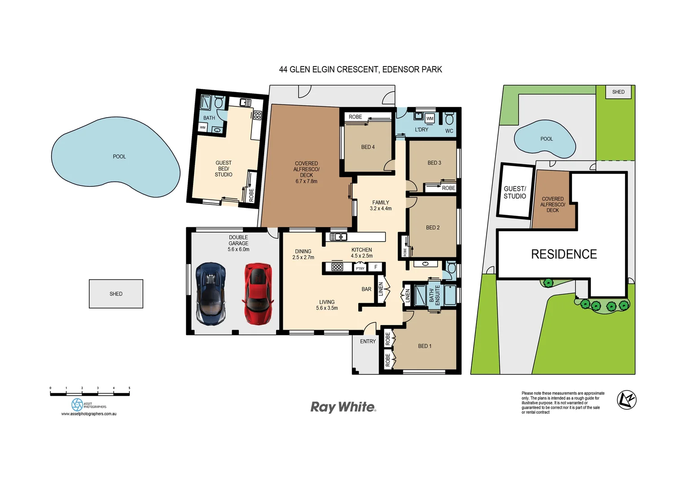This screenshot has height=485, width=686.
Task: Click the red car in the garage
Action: (x=258, y=294)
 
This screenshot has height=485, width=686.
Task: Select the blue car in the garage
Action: (x=211, y=294)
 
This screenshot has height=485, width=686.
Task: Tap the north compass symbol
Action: (x=626, y=400)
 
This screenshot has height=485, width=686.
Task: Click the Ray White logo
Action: (x=343, y=407)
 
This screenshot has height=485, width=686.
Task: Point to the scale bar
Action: (x=90, y=393)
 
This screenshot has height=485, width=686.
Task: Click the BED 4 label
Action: (x=368, y=147)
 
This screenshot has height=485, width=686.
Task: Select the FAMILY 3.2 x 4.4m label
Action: (x=380, y=205)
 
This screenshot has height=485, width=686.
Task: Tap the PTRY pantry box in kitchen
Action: (x=360, y=268)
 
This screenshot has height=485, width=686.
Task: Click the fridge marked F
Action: (x=376, y=267)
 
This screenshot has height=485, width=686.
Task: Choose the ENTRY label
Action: (x=368, y=341)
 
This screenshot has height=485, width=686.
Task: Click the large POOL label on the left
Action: (x=119, y=156)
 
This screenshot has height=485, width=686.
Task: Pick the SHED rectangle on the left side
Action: (x=116, y=294)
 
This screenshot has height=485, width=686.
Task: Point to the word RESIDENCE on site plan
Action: (x=564, y=254)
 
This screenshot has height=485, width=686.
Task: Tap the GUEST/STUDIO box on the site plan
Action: (x=515, y=192)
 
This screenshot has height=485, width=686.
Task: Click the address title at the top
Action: (x=361, y=70)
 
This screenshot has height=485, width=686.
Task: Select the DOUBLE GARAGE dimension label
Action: (x=238, y=243)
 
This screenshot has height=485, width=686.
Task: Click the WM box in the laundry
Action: (x=430, y=119)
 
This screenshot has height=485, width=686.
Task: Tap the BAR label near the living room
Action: (x=366, y=289)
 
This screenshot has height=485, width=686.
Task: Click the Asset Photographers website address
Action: (x=89, y=414)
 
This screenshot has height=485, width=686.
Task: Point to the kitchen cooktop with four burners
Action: (x=337, y=267)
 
